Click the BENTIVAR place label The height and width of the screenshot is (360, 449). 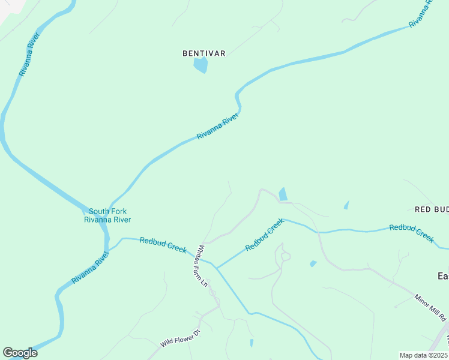tap(204, 53)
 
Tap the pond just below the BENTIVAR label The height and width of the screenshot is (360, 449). tap(201, 65)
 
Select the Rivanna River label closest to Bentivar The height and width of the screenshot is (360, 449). tap(218, 126)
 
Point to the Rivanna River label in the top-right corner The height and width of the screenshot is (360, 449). tap(421, 13)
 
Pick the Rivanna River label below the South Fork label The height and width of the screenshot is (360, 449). tap(91, 268)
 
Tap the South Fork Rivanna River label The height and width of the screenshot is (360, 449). tap(107, 215)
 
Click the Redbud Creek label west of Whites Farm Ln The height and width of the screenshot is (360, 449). tap(163, 245)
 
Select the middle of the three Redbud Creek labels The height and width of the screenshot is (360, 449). tap(265, 235)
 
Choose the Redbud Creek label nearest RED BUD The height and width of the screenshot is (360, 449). tap(412, 233)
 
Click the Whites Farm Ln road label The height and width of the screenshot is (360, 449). tap(202, 265)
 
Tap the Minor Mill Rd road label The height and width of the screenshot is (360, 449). tap(430, 307)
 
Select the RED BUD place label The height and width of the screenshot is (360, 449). tap(432, 209)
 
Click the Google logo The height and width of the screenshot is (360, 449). tap(20, 352)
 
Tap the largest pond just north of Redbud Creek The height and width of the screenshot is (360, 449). tap(282, 194)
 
